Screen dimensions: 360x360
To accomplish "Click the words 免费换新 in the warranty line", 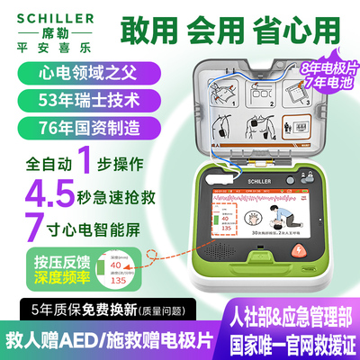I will tap(114, 311).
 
